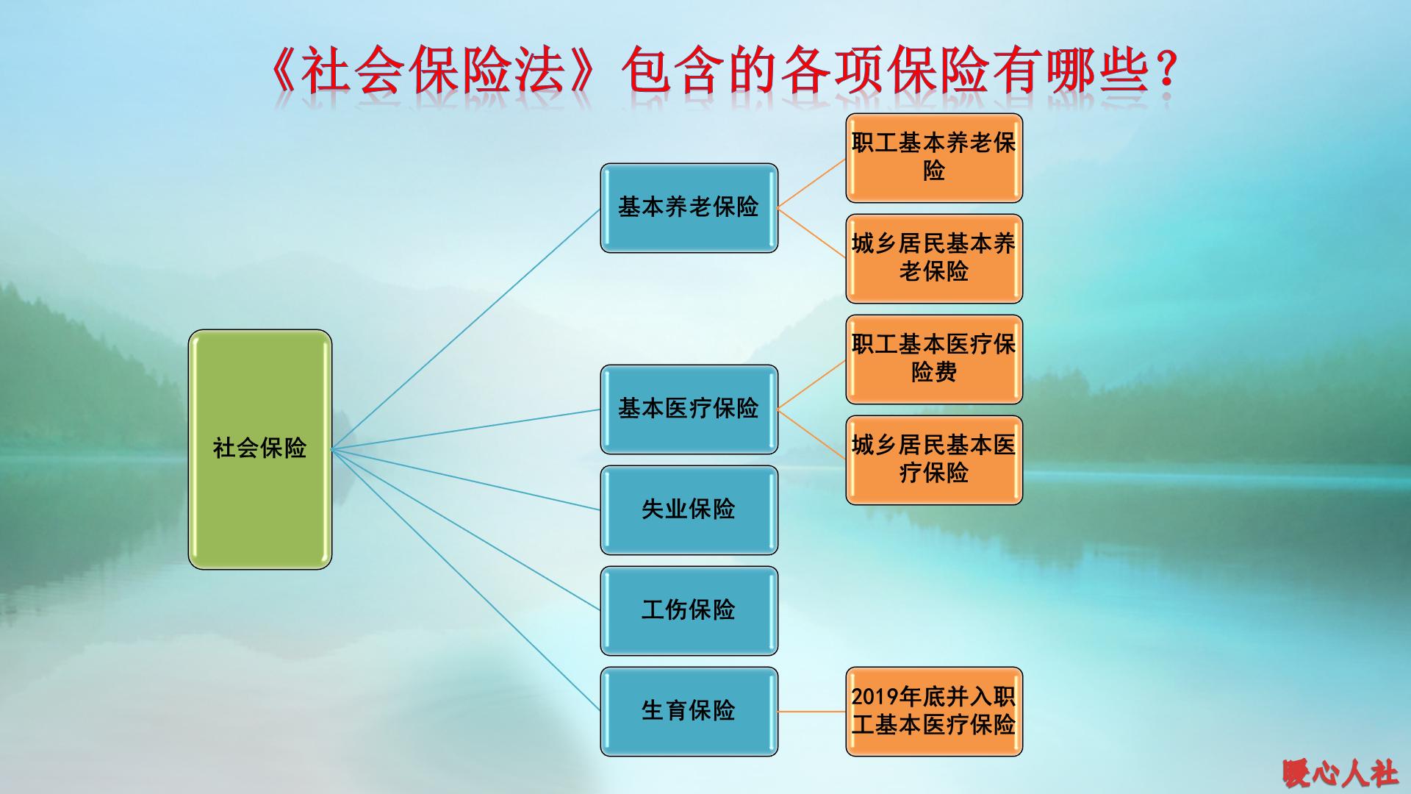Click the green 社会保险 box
[x=259, y=448]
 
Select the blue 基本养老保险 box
[x=689, y=207]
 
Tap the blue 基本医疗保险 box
[x=689, y=409]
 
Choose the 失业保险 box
[x=689, y=509]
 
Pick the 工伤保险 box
[x=689, y=610]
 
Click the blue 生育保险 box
[x=689, y=711]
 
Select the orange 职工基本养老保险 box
[x=933, y=157]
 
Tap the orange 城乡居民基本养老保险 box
[x=933, y=258]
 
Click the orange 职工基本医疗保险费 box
[x=933, y=359]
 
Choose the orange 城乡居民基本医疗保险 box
[x=933, y=459]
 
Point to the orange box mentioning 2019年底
[x=933, y=711]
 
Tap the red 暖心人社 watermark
[x=1340, y=773]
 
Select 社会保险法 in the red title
[x=434, y=72]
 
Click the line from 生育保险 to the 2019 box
[x=811, y=712]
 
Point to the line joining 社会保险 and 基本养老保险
[x=466, y=329]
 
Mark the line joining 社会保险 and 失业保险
[x=466, y=479]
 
